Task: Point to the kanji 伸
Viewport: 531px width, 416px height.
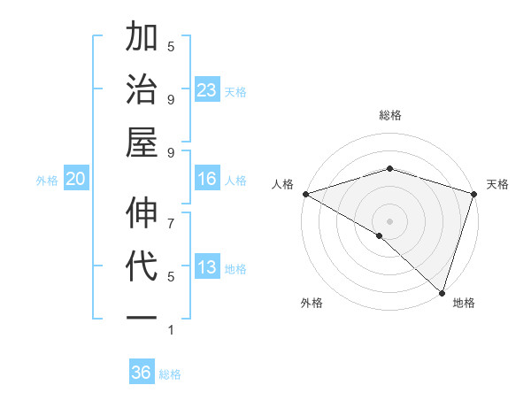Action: click(142, 213)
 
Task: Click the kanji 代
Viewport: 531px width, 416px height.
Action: click(142, 267)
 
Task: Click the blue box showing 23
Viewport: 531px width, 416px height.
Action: click(207, 90)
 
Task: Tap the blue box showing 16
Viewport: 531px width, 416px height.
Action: click(207, 179)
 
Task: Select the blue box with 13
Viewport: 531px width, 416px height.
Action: click(207, 267)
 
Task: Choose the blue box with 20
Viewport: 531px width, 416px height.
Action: click(76, 179)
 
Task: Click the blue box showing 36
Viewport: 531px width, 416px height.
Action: click(142, 373)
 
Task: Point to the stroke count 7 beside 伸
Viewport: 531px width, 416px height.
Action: click(171, 214)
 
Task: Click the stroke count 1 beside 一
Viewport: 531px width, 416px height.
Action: click(171, 330)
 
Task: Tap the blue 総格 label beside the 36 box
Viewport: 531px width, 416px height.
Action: click(171, 374)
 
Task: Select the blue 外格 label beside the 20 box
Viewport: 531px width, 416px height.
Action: click(47, 181)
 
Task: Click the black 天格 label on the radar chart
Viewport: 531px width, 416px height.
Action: click(498, 184)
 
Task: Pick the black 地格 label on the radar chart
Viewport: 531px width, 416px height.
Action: click(464, 303)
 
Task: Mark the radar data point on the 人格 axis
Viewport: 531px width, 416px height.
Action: click(305, 194)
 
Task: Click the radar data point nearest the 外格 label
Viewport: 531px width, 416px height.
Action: click(380, 235)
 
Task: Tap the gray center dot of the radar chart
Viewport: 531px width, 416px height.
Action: click(389, 221)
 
